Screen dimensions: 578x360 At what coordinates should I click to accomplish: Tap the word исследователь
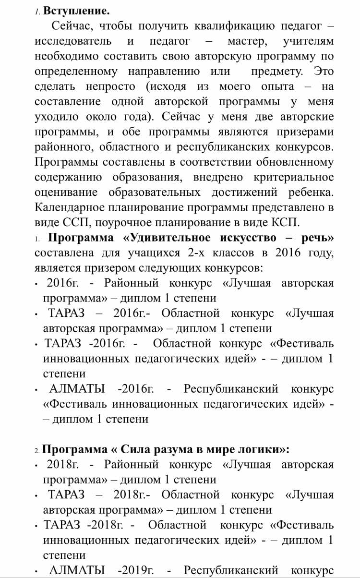[73, 41]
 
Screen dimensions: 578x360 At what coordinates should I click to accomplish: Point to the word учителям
[308, 41]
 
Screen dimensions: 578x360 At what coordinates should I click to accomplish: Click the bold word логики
[263, 450]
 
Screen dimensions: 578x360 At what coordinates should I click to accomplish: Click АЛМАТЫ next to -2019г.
[77, 570]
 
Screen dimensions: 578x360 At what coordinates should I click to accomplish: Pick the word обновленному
[295, 162]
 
